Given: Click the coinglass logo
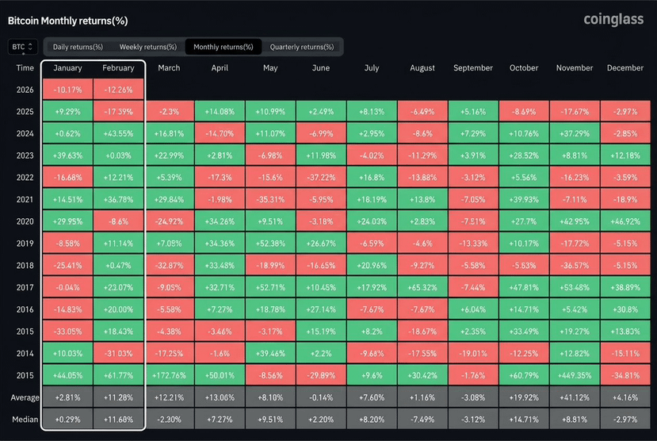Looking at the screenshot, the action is (x=613, y=19).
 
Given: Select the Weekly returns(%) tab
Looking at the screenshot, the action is (x=148, y=47).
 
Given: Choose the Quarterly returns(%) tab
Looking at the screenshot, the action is (x=302, y=47).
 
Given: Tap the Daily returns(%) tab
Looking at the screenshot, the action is (x=78, y=47).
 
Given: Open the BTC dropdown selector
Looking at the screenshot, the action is (x=23, y=47).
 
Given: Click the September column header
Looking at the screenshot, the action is (x=473, y=68).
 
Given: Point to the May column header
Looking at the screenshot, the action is (x=270, y=68).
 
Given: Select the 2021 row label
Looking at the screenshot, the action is (x=25, y=200).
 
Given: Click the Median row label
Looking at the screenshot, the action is (x=25, y=420).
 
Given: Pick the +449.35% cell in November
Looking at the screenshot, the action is (x=575, y=375).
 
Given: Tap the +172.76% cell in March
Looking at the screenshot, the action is (x=169, y=375).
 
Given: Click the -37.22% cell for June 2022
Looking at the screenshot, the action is (x=321, y=178).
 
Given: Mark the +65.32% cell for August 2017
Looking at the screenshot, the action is (x=422, y=287).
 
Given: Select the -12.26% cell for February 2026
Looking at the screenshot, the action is (x=119, y=90).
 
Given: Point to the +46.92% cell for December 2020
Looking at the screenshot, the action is (x=625, y=221).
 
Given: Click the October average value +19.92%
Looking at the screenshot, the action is (x=524, y=397).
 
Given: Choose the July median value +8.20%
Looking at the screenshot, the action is (x=372, y=420).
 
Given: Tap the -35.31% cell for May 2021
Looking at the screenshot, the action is (x=270, y=200).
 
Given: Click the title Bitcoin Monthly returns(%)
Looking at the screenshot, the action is (x=68, y=21).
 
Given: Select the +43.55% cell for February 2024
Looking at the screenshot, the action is (x=119, y=133).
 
